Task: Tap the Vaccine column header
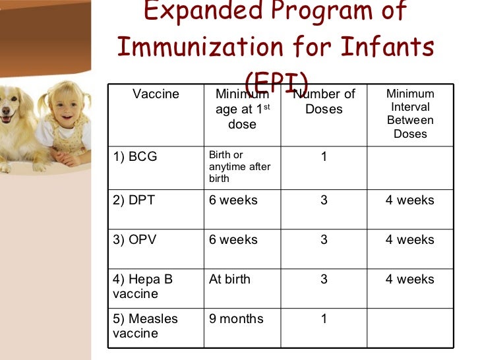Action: [x=156, y=94]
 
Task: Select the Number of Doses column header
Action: [x=324, y=102]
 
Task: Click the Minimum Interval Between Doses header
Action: [x=410, y=114]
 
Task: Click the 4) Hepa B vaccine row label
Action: [x=142, y=286]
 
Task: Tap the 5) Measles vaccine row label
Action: [x=145, y=326]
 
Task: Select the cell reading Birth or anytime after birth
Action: [x=239, y=167]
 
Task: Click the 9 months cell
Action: [x=236, y=319]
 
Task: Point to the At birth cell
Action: [x=229, y=280]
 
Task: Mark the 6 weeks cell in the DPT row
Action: [x=233, y=200]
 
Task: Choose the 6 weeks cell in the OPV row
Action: [x=233, y=240]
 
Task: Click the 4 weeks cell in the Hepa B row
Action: [x=409, y=280]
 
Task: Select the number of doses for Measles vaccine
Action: [x=324, y=319]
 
